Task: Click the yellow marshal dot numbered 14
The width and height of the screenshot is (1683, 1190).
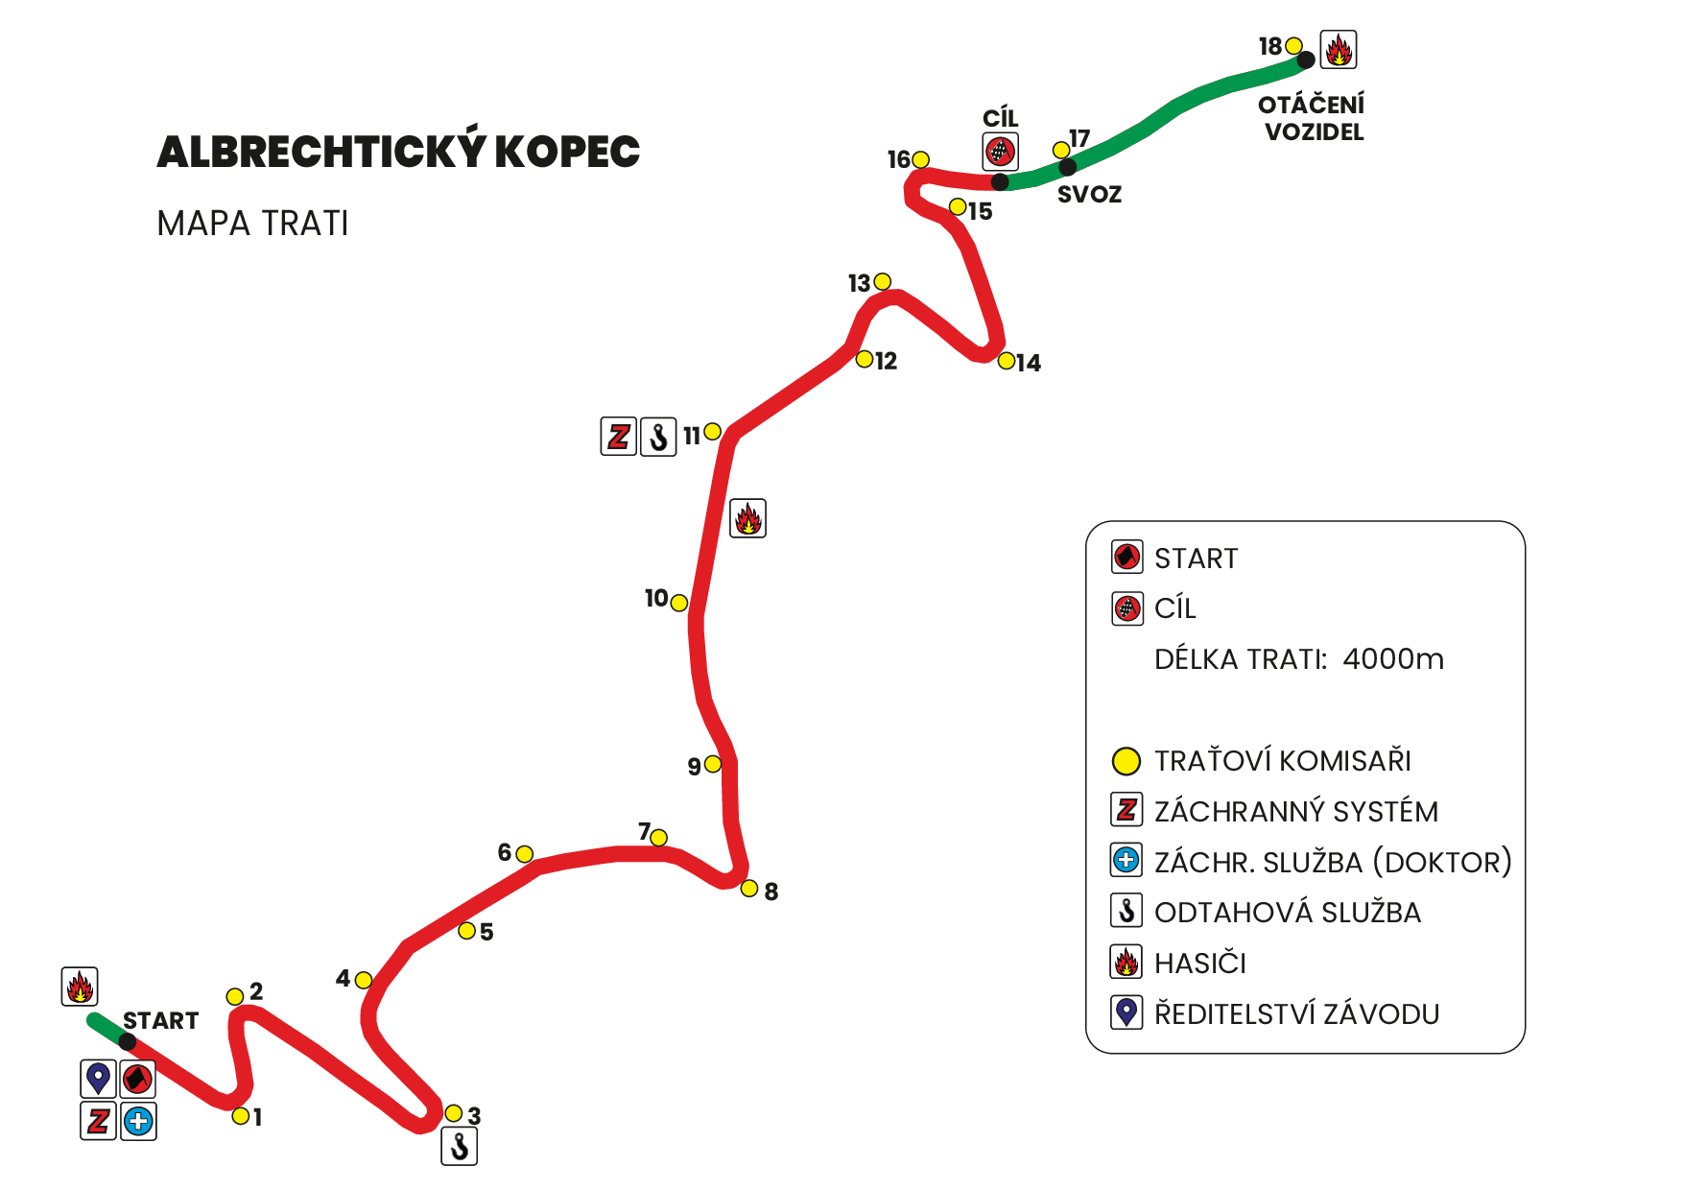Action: tap(1006, 361)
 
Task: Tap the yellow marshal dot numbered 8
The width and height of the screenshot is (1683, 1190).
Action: tap(749, 889)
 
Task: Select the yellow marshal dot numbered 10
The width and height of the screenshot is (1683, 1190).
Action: tap(679, 603)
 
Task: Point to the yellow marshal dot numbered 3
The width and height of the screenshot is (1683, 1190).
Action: tap(454, 1113)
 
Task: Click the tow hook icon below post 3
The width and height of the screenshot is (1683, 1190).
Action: tap(460, 1146)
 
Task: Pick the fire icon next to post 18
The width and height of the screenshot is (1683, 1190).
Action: tap(1339, 49)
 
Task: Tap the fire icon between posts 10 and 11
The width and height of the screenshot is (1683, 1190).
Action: tap(747, 518)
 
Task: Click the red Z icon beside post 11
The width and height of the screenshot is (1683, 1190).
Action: tap(619, 437)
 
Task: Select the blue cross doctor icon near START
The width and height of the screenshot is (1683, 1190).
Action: tap(138, 1120)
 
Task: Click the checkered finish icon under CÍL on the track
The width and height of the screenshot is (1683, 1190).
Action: tap(1000, 151)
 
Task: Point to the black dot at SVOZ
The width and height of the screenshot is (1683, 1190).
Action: tap(1068, 168)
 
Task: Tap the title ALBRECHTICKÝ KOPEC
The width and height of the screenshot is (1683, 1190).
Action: tap(398, 151)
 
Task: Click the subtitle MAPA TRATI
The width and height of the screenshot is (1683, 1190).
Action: tap(252, 224)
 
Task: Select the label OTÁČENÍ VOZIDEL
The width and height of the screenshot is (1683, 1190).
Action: tap(1313, 118)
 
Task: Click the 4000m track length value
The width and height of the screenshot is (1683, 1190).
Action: tap(1393, 659)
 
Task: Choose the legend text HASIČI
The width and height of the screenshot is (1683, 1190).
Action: tap(1200, 963)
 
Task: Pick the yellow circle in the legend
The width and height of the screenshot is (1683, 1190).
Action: tap(1126, 761)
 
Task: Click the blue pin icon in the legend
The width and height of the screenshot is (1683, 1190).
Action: tap(1126, 1012)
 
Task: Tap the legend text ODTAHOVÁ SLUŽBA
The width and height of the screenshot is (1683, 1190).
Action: tap(1288, 913)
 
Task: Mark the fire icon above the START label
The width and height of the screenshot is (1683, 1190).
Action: tap(80, 986)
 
